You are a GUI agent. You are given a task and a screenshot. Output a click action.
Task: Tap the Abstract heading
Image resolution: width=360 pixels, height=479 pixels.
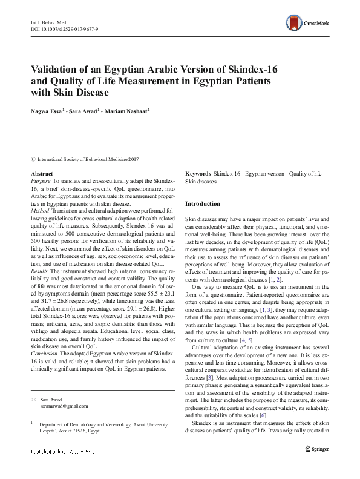tap(41, 174)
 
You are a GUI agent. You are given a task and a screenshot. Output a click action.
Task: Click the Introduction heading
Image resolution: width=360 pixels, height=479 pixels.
tap(203, 203)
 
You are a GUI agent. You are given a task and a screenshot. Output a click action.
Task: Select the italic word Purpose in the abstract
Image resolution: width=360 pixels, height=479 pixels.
tap(41, 181)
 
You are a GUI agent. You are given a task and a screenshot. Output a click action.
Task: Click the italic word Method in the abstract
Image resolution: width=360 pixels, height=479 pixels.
tap(40, 210)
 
